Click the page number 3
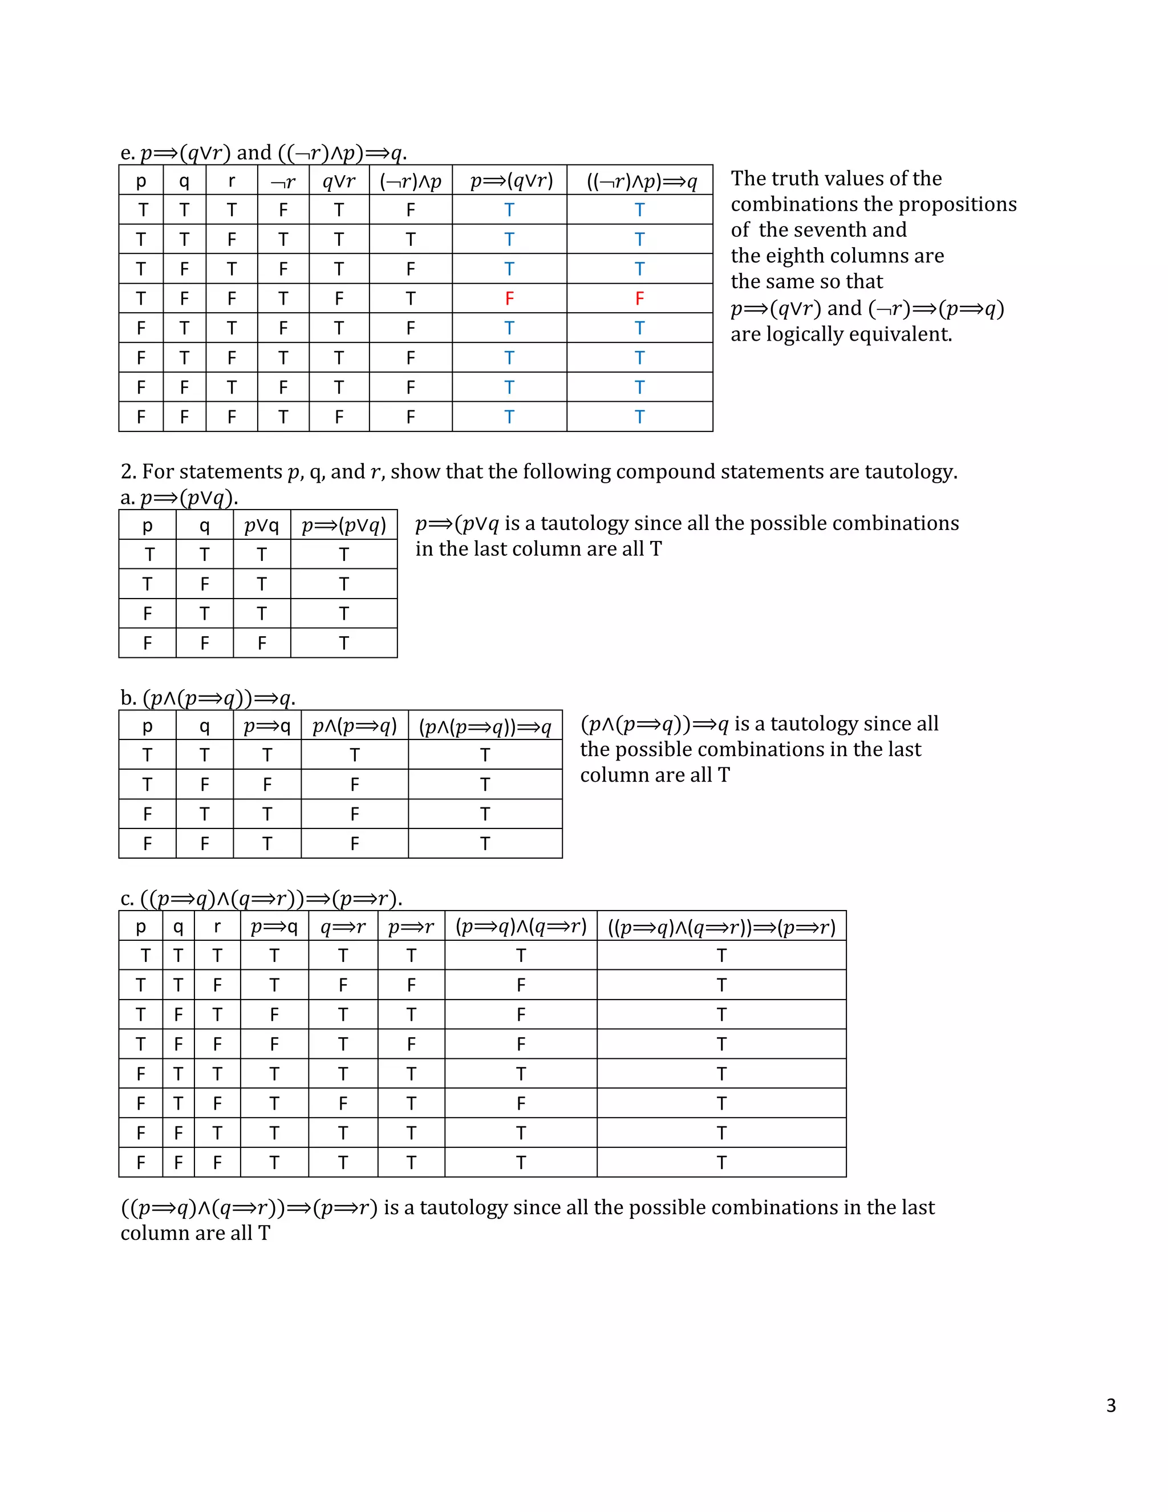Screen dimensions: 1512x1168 (x=1110, y=1405)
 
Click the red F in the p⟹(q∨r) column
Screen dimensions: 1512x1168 (x=509, y=298)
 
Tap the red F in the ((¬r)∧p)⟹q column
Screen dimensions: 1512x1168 (x=639, y=298)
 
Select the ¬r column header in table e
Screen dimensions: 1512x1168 (x=283, y=181)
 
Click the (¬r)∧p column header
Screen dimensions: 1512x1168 (x=410, y=181)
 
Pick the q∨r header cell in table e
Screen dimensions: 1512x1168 (x=339, y=181)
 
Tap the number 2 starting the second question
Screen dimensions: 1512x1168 (x=127, y=471)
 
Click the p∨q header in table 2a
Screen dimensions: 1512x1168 (x=262, y=525)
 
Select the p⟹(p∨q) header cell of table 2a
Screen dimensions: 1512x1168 (x=344, y=525)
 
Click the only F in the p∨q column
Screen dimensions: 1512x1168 (x=262, y=643)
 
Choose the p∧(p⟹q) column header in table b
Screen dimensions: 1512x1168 (x=354, y=726)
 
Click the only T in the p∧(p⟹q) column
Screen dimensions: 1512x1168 (x=354, y=755)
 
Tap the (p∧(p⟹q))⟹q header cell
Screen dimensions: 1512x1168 (x=485, y=726)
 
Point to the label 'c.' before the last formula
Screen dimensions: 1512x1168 (x=127, y=899)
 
